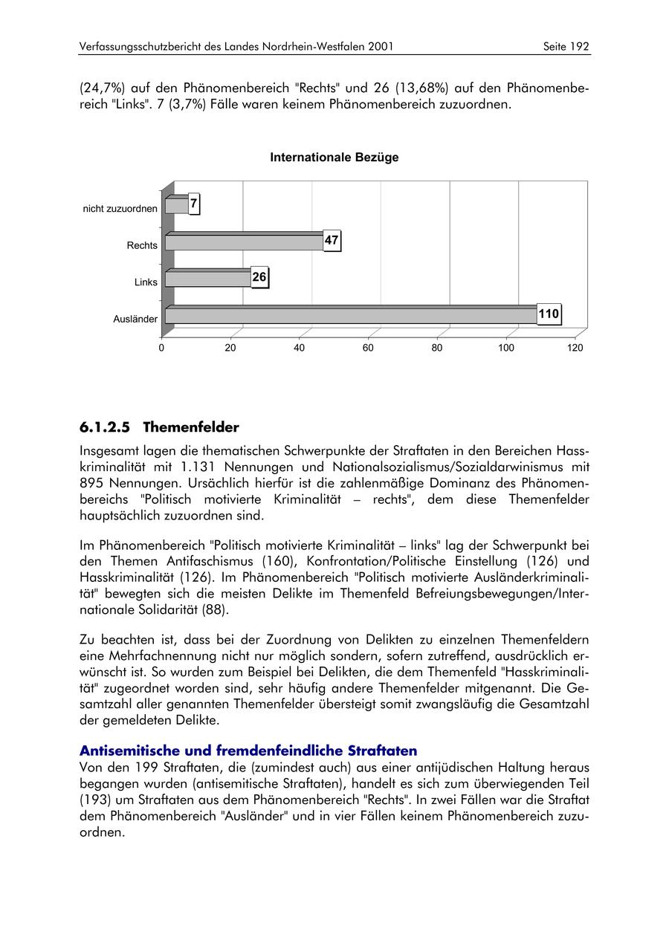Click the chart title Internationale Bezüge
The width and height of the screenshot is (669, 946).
pyautogui.click(x=334, y=158)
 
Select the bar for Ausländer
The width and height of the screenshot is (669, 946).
pyautogui.click(x=349, y=315)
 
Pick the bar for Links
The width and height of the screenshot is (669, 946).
pyautogui.click(x=208, y=279)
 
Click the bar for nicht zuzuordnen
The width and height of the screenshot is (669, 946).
pyautogui.click(x=177, y=205)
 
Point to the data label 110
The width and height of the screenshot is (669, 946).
pyautogui.click(x=549, y=314)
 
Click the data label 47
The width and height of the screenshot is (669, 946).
pyautogui.click(x=332, y=241)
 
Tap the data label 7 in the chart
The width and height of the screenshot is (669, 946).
pyautogui.click(x=194, y=203)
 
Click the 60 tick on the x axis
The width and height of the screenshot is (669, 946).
pyautogui.click(x=368, y=348)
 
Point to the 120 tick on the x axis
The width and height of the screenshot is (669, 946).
pyautogui.click(x=575, y=348)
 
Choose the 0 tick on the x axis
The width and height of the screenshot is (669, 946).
pyautogui.click(x=161, y=348)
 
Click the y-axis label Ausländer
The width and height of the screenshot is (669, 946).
pyautogui.click(x=135, y=320)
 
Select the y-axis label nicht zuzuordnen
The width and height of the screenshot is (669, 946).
pyautogui.click(x=120, y=209)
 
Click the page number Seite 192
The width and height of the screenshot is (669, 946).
pyautogui.click(x=566, y=47)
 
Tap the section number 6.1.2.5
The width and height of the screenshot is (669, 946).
pyautogui.click(x=105, y=427)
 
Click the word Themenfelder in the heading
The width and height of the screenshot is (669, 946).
pyautogui.click(x=191, y=427)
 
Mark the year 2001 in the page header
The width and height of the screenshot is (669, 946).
pyautogui.click(x=379, y=47)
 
